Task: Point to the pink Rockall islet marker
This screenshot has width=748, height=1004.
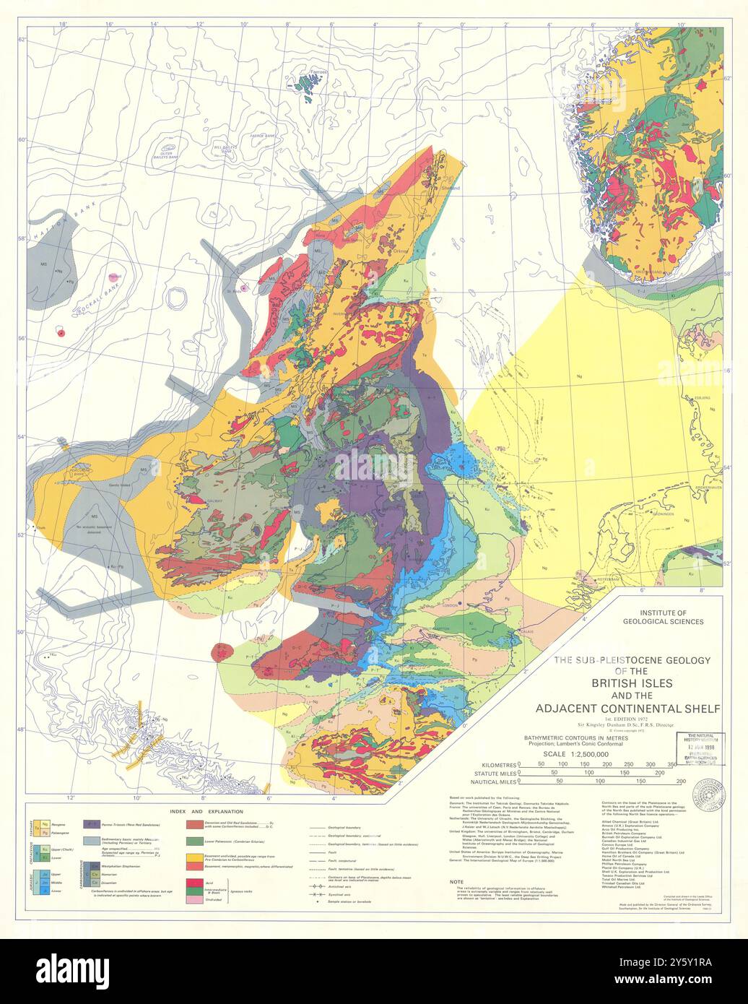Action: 113,277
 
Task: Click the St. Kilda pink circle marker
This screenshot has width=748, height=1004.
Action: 244,288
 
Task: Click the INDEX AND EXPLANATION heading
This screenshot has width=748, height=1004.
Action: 204,812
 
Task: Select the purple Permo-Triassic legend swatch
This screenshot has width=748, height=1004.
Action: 92,823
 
